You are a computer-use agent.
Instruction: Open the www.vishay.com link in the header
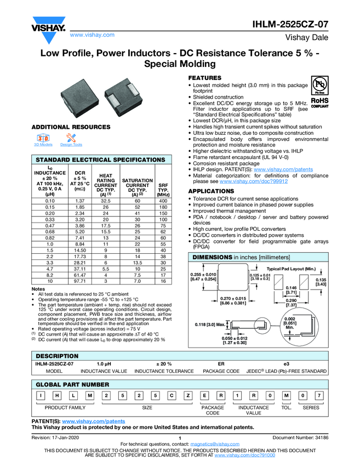click(x=93, y=35)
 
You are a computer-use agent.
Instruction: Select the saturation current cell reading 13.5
click(x=136, y=263)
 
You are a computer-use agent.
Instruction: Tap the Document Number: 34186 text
click(x=300, y=437)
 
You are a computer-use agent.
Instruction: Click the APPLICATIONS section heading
click(x=212, y=191)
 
